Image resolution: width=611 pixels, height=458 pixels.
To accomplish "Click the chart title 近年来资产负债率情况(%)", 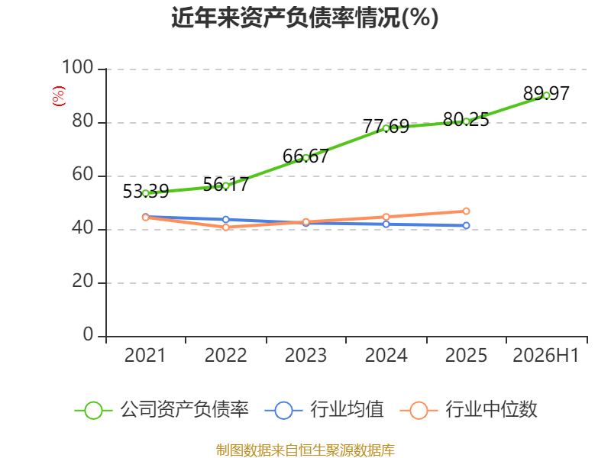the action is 305,18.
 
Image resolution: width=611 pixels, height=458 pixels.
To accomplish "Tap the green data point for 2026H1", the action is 546,95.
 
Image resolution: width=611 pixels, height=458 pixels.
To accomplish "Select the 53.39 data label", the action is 146,192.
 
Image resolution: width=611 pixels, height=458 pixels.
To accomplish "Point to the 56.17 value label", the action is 225,184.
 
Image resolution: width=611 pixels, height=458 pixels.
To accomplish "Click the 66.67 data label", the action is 306,156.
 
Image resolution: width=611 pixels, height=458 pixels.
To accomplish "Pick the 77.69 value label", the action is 386,127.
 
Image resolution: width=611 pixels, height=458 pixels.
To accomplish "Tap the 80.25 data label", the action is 466,120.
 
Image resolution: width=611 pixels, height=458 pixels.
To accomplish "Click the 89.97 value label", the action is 546,93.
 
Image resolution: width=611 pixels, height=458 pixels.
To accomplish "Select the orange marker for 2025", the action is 466,211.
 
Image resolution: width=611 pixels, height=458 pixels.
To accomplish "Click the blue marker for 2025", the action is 466,225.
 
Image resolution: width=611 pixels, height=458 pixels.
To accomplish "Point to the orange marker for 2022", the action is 225,227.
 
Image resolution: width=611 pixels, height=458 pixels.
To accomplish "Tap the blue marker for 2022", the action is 225,220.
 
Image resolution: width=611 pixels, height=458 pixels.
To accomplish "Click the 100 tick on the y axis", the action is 78,67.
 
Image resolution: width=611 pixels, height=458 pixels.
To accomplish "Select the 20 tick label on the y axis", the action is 82,281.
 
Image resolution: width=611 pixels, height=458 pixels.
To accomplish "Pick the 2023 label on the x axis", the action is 306,356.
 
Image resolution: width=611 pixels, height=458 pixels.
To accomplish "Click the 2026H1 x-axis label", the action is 546,356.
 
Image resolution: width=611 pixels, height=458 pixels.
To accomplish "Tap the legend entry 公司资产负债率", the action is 161,410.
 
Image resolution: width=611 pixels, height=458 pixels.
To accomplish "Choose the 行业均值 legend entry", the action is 324,410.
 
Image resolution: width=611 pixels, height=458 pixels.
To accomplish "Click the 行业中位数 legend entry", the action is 469,410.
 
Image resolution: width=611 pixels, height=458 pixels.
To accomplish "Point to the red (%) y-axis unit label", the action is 59,96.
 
